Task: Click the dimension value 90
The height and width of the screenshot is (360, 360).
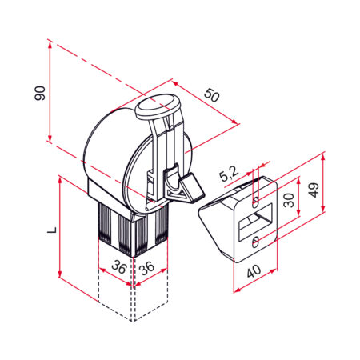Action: (x=40, y=93)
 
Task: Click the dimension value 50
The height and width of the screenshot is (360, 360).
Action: (x=212, y=95)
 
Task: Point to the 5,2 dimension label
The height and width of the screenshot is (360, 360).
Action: (x=229, y=174)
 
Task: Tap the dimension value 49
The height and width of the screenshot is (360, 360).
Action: (x=314, y=190)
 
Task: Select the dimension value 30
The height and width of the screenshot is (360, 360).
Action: (x=289, y=200)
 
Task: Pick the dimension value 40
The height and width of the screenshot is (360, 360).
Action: (x=254, y=270)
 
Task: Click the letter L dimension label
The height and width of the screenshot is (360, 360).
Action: (x=52, y=230)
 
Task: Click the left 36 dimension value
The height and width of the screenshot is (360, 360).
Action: (x=118, y=267)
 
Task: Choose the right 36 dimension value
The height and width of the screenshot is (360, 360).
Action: (x=147, y=268)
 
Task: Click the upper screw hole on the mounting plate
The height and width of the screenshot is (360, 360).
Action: (x=255, y=203)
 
